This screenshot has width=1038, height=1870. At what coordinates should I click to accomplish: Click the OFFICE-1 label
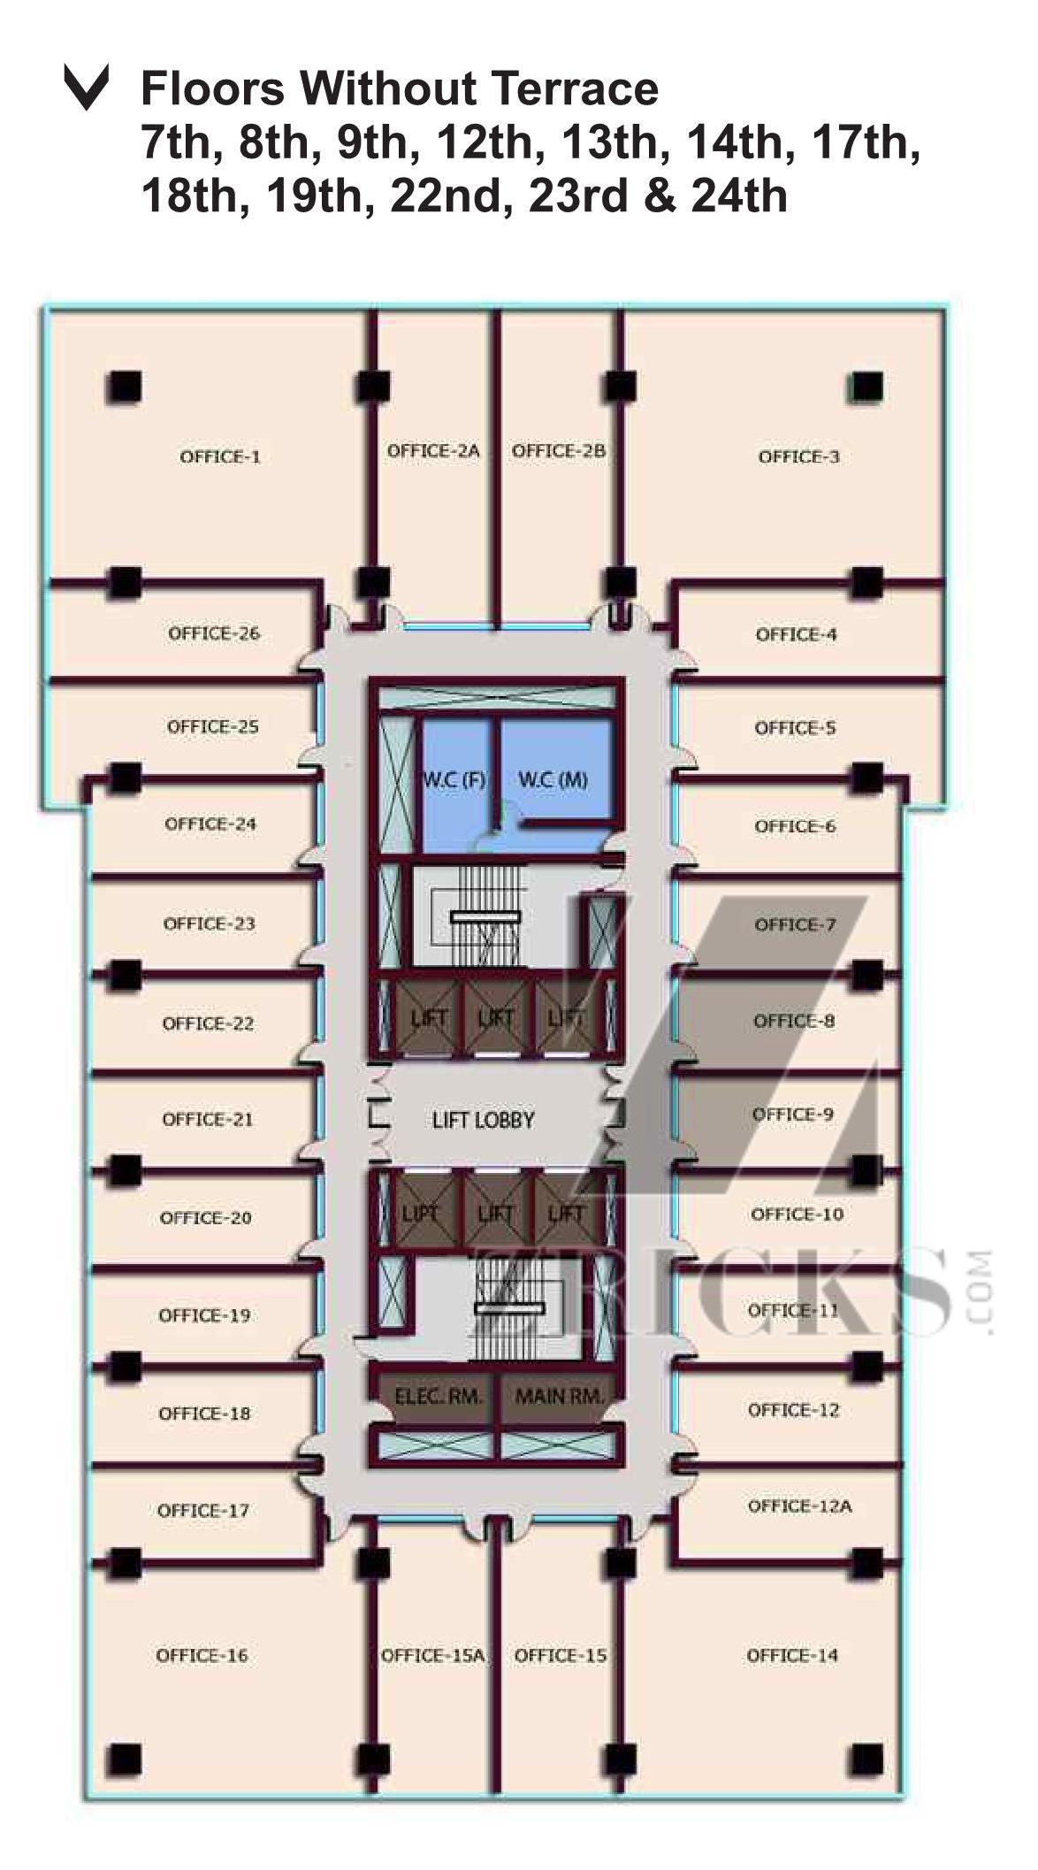click(220, 456)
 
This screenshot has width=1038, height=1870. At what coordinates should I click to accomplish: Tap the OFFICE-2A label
click(433, 450)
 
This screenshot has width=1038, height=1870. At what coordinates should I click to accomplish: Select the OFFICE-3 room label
click(799, 456)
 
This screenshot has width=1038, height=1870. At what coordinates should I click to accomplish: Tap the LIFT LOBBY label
click(484, 1120)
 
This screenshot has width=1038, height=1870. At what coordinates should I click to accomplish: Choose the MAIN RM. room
click(559, 1397)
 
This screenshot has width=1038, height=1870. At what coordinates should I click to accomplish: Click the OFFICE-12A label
click(800, 1506)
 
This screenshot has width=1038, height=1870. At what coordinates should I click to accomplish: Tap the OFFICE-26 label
click(214, 633)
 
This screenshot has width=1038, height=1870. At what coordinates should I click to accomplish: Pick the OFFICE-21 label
click(208, 1119)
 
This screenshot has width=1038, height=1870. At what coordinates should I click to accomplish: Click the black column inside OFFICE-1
click(125, 387)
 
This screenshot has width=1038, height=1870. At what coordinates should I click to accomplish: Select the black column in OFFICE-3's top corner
click(867, 386)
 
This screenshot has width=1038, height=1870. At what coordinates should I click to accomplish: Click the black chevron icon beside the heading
click(87, 87)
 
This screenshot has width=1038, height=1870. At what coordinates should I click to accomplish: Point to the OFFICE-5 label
click(795, 727)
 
